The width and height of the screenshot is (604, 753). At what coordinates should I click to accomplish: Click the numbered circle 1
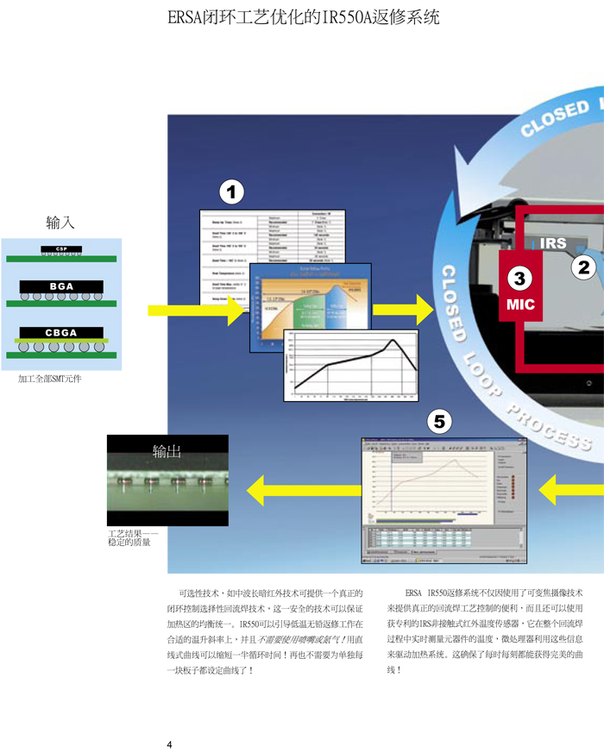point(232,190)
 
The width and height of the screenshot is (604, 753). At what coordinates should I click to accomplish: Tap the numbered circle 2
point(584,267)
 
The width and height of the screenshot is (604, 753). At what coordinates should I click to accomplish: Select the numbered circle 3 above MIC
point(520,279)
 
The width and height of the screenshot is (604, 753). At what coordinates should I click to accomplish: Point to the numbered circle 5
point(440,421)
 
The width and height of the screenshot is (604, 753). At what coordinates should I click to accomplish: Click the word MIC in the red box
point(520,304)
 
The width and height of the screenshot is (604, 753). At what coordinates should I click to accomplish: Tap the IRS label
point(554,244)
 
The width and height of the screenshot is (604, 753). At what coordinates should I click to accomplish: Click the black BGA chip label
point(61,286)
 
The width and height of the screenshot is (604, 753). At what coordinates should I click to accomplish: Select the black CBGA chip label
point(61,333)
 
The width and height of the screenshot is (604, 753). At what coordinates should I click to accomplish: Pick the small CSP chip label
point(61,249)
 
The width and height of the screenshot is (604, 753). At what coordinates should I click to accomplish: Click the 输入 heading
point(60,223)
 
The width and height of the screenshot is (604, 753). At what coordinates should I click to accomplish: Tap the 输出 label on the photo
point(167,449)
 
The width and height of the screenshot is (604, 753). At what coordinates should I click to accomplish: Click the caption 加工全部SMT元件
point(51,378)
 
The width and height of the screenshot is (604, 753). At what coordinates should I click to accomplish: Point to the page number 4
point(170,744)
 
